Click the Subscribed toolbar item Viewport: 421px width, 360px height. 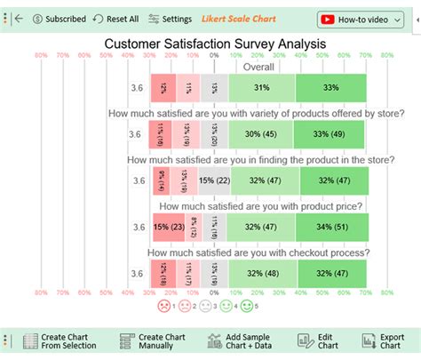(x=59, y=19)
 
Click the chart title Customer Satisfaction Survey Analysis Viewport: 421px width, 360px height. (x=215, y=43)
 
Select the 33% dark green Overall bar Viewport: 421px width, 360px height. (x=331, y=87)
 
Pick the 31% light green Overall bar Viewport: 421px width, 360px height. (x=262, y=87)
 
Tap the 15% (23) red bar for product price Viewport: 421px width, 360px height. (x=169, y=227)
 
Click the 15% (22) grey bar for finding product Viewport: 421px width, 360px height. (x=215, y=180)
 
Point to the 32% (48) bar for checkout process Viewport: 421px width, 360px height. (x=264, y=273)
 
